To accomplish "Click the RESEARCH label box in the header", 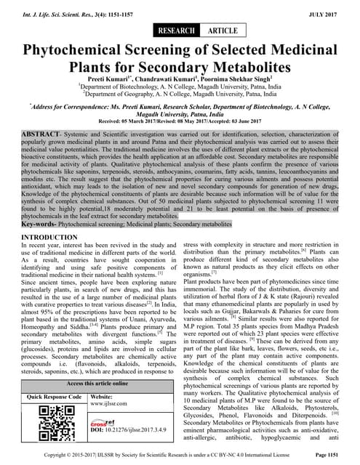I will pos(176,31).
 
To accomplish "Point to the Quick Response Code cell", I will pos(55,397).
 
